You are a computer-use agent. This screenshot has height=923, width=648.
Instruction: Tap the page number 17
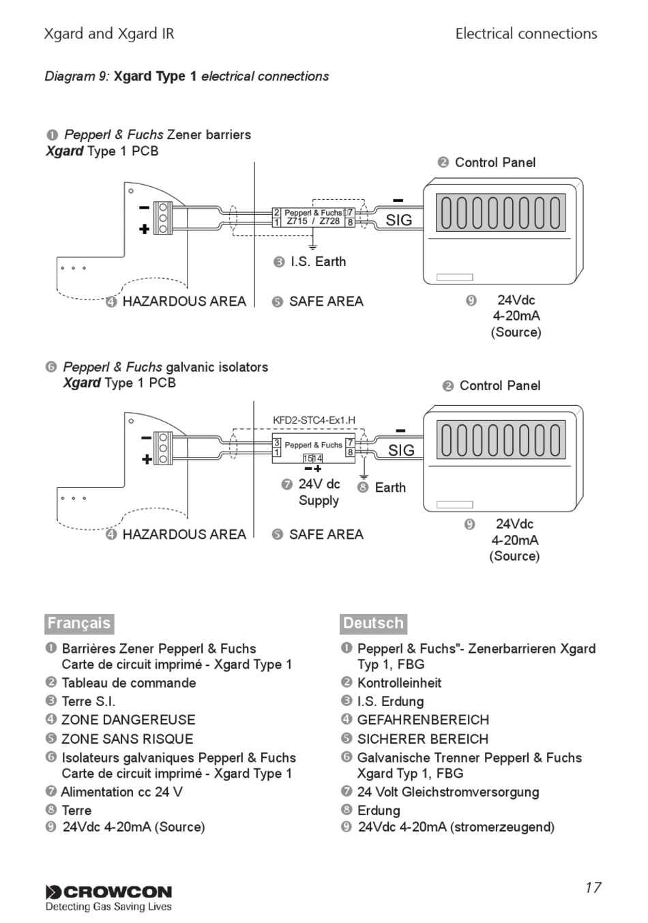(593, 887)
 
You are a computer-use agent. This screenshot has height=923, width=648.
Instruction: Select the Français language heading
(79, 624)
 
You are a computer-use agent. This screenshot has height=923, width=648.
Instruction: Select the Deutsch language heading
(373, 624)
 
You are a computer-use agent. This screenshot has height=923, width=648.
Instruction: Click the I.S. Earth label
(318, 262)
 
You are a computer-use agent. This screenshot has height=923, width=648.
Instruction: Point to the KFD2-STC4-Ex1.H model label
(314, 420)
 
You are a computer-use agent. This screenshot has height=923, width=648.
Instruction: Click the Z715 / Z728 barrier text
(314, 221)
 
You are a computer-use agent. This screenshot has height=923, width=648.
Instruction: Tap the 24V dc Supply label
(319, 492)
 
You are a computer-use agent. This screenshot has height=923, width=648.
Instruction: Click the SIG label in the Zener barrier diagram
(399, 220)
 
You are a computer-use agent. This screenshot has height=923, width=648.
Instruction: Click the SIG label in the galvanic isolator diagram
(401, 450)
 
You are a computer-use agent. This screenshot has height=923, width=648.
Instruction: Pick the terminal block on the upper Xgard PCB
(163, 218)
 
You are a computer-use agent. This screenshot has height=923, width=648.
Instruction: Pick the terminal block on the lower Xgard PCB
(163, 448)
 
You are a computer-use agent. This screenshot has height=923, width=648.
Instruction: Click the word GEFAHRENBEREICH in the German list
(423, 720)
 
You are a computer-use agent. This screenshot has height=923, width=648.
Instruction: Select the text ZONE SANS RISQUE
(128, 739)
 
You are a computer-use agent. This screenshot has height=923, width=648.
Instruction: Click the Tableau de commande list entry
(128, 683)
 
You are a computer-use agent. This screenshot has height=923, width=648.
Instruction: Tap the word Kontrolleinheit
(399, 683)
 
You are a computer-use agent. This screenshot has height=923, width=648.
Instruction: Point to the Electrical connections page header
(526, 33)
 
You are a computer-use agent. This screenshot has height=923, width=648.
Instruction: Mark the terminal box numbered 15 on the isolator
(308, 458)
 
